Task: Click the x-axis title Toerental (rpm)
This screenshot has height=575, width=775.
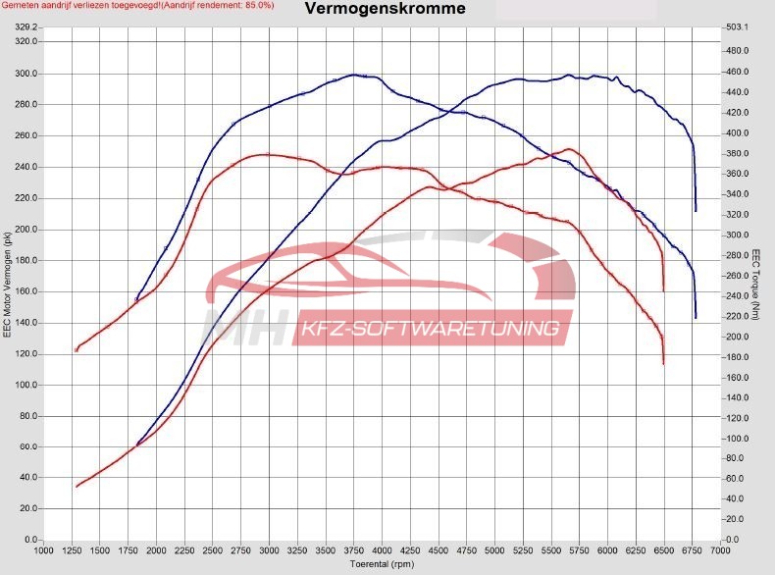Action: pos(384,565)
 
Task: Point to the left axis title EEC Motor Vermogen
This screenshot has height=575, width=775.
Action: pos(8,286)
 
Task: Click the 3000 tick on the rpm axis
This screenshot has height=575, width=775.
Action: pos(269,550)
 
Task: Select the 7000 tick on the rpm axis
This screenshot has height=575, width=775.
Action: pos(721,550)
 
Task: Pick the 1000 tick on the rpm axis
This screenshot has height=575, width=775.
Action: pos(43,550)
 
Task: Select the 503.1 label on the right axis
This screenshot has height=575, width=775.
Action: pos(737,27)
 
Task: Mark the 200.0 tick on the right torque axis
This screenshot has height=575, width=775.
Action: pos(737,337)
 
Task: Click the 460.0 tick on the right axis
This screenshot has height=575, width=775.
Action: pos(737,72)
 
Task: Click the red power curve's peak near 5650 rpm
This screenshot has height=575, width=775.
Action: pos(568,149)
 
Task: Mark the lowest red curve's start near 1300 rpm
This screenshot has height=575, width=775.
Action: pos(77,487)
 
